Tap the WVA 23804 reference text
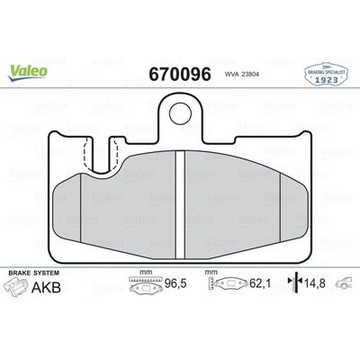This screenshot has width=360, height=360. click(242, 77)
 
